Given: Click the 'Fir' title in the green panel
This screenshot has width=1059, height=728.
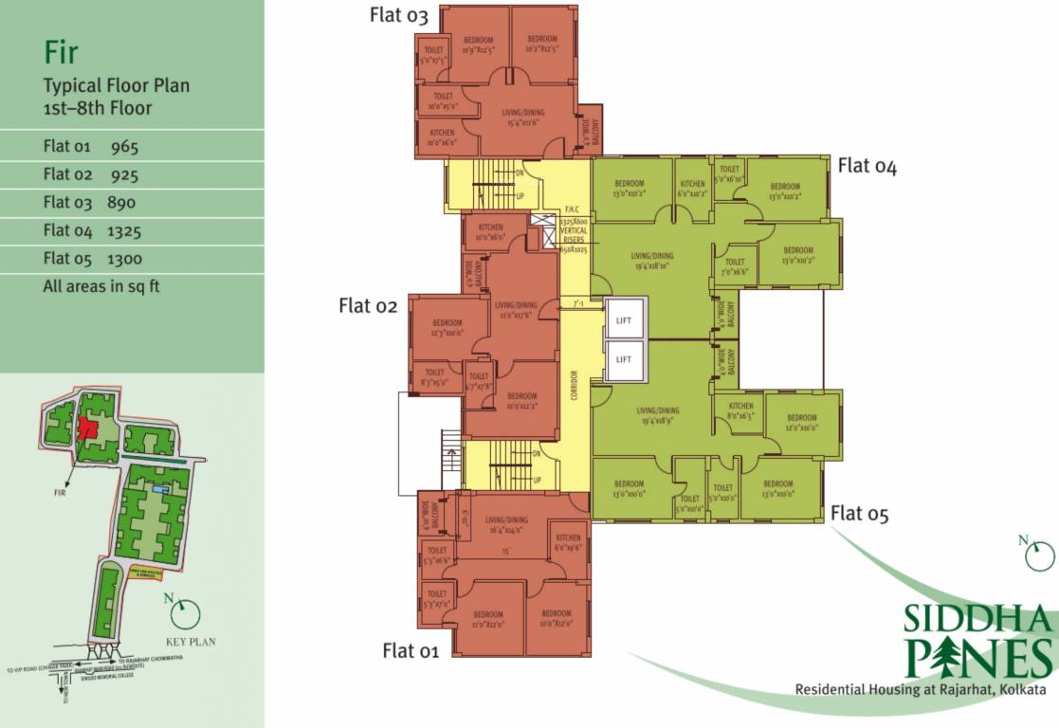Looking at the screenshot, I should (x=61, y=51).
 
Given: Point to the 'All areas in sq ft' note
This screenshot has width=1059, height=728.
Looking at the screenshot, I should (x=101, y=285).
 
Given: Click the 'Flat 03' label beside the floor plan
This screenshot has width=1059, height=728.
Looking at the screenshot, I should (x=399, y=16).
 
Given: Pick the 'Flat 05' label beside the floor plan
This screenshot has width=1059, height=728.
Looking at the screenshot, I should (x=860, y=514).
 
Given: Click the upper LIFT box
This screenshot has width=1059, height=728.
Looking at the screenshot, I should (x=623, y=320).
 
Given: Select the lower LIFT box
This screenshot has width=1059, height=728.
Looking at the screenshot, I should (x=623, y=359).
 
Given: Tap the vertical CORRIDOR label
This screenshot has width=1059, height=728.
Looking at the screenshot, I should (x=575, y=384).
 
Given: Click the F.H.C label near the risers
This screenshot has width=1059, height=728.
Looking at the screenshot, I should (x=571, y=209).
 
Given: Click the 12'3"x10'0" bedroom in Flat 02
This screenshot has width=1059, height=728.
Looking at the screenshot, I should (x=447, y=328).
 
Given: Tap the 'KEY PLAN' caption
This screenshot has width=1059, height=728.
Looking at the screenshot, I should (x=191, y=642).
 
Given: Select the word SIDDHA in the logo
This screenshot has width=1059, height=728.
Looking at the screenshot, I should (x=977, y=619).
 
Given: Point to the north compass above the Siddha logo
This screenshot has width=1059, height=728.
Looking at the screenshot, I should (x=1038, y=555).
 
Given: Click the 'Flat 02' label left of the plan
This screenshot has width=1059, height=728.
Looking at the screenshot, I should (x=367, y=305).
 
